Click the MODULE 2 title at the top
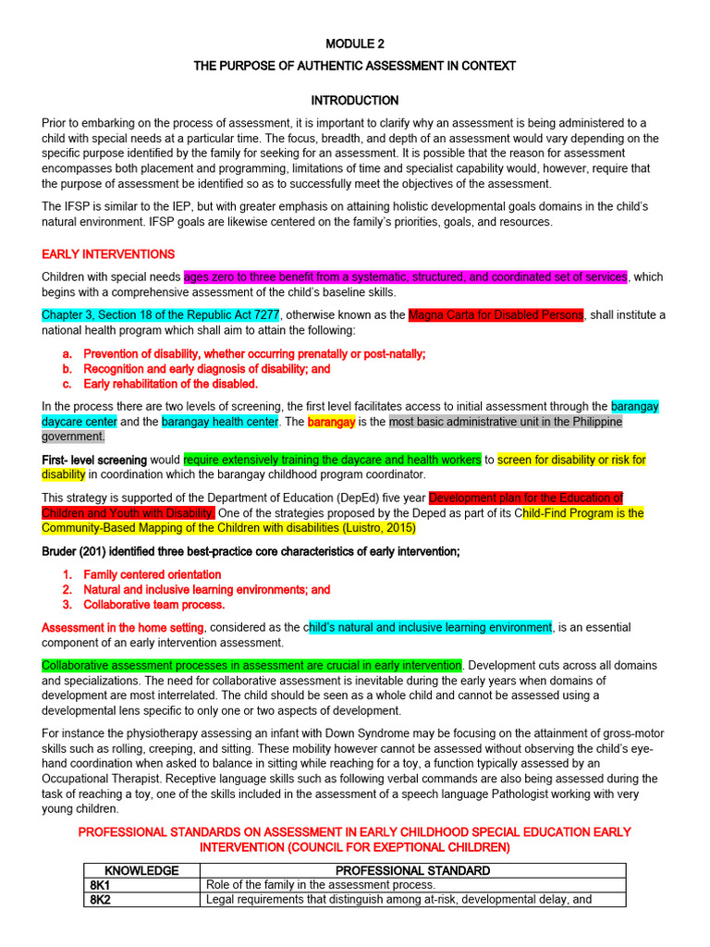(x=355, y=43)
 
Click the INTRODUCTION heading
(x=355, y=101)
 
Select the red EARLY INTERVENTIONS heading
(x=108, y=254)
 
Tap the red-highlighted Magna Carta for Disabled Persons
(x=496, y=315)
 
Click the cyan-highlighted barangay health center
(x=220, y=422)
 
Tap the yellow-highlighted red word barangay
(x=331, y=422)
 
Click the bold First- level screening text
(x=94, y=460)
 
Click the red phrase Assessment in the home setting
(x=123, y=628)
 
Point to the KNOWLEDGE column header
(x=142, y=871)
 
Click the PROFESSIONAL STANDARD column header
(x=413, y=871)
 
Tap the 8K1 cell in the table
(x=99, y=885)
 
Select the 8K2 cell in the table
(x=99, y=899)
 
